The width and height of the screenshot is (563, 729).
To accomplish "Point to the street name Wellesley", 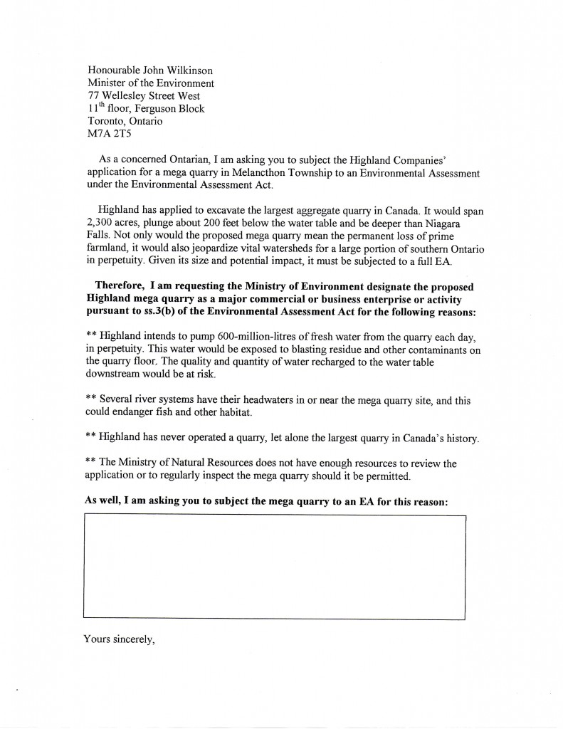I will point(123,95).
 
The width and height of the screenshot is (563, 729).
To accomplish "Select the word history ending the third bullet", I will point(458,439).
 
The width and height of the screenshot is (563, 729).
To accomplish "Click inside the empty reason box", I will point(275,566).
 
